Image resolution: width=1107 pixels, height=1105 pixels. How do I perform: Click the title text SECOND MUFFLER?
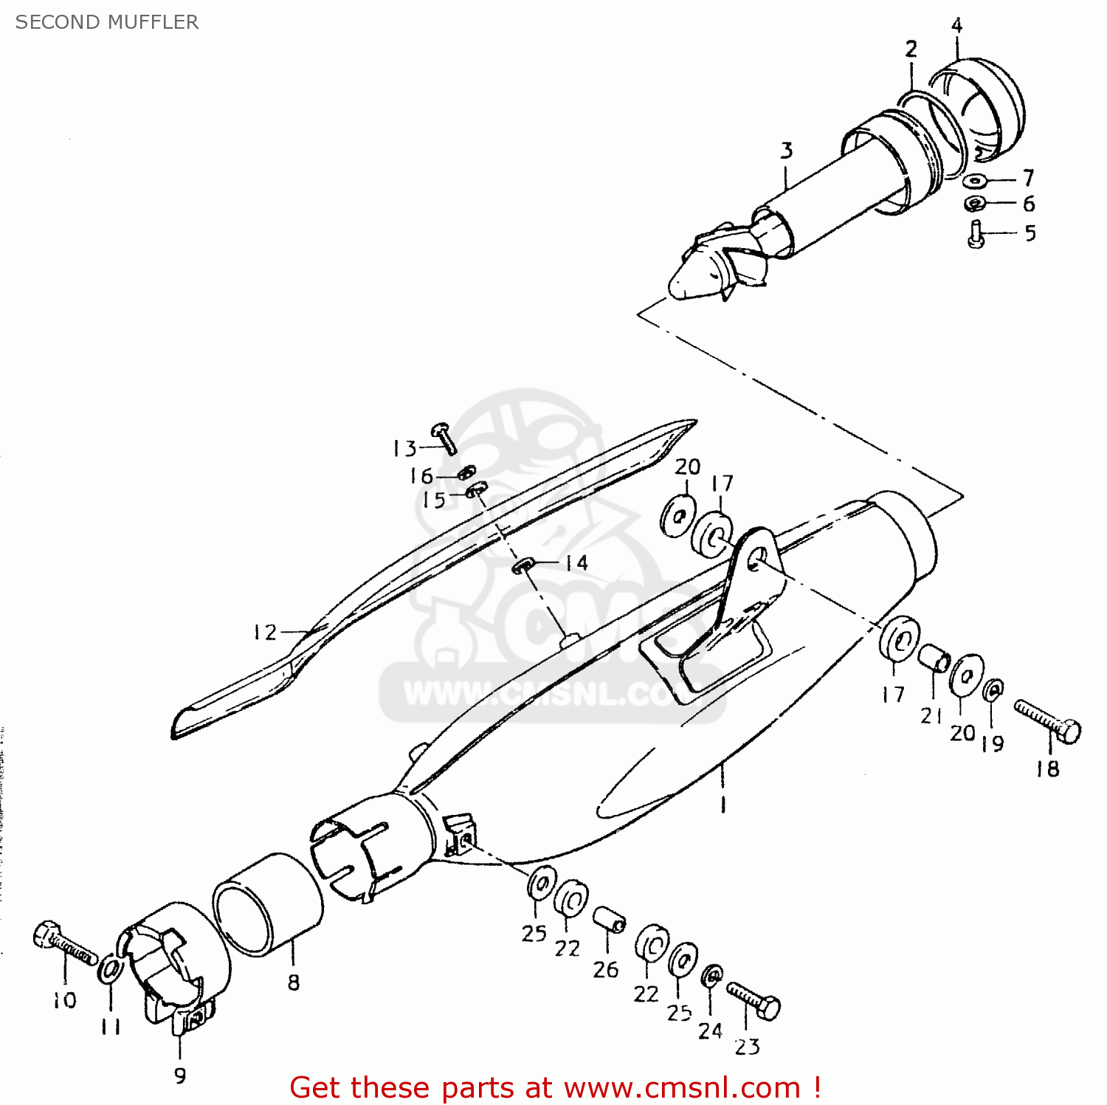point(107,22)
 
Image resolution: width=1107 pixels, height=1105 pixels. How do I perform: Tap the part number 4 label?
point(956,26)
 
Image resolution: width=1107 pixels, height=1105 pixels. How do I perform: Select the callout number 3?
point(787,151)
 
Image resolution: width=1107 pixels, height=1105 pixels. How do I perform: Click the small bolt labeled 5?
point(976,235)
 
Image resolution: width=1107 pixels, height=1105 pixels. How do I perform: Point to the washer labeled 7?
point(975,180)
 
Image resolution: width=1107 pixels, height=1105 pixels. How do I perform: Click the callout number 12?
point(264,633)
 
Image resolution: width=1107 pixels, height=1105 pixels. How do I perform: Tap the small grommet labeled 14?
point(523,565)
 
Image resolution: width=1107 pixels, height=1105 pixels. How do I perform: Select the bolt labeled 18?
point(1048,722)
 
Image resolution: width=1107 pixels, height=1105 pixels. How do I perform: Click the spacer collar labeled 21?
point(934,657)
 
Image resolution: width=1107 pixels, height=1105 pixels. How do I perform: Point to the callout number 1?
point(723,803)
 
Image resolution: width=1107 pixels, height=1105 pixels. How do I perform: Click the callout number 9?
point(180,1075)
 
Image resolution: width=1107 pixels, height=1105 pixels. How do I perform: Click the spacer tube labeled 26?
point(610,920)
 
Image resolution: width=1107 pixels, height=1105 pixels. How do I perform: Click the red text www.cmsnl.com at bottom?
point(682,1088)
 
